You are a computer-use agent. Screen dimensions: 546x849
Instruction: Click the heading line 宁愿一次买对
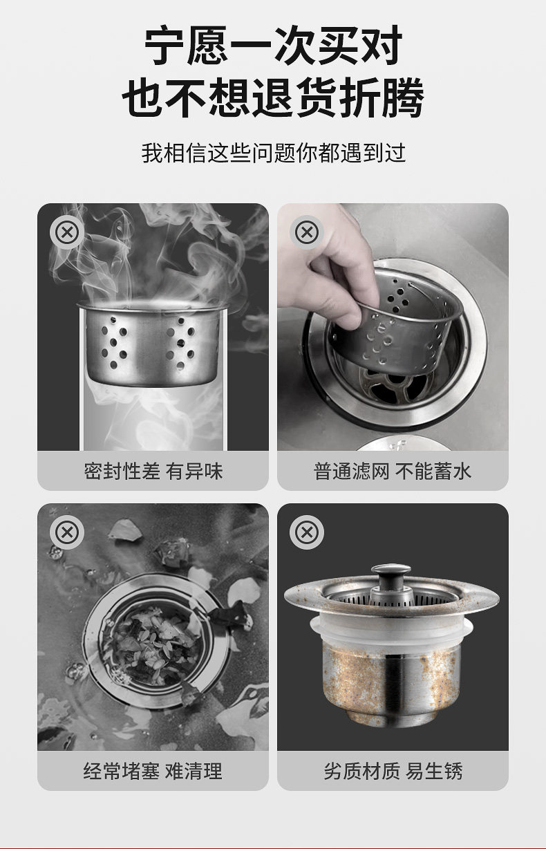point(273,46)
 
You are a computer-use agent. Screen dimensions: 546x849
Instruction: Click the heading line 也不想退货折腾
point(273,97)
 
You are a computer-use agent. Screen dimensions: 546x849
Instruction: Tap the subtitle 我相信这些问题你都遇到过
point(273,153)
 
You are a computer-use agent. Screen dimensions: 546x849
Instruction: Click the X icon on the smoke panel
point(67,232)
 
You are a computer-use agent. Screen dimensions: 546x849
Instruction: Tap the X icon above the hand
point(307,232)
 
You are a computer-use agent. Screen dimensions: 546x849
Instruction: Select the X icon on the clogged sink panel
point(67,532)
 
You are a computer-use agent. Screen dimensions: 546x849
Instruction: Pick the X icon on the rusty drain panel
point(307,532)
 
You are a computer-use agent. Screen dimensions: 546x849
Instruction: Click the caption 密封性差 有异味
point(153,471)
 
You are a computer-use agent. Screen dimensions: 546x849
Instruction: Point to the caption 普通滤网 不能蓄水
point(393,471)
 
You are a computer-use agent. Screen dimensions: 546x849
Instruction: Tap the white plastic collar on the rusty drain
point(391,631)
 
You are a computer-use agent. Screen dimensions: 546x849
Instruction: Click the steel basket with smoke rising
point(152,344)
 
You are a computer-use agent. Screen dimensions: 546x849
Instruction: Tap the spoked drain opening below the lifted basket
point(394,386)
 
